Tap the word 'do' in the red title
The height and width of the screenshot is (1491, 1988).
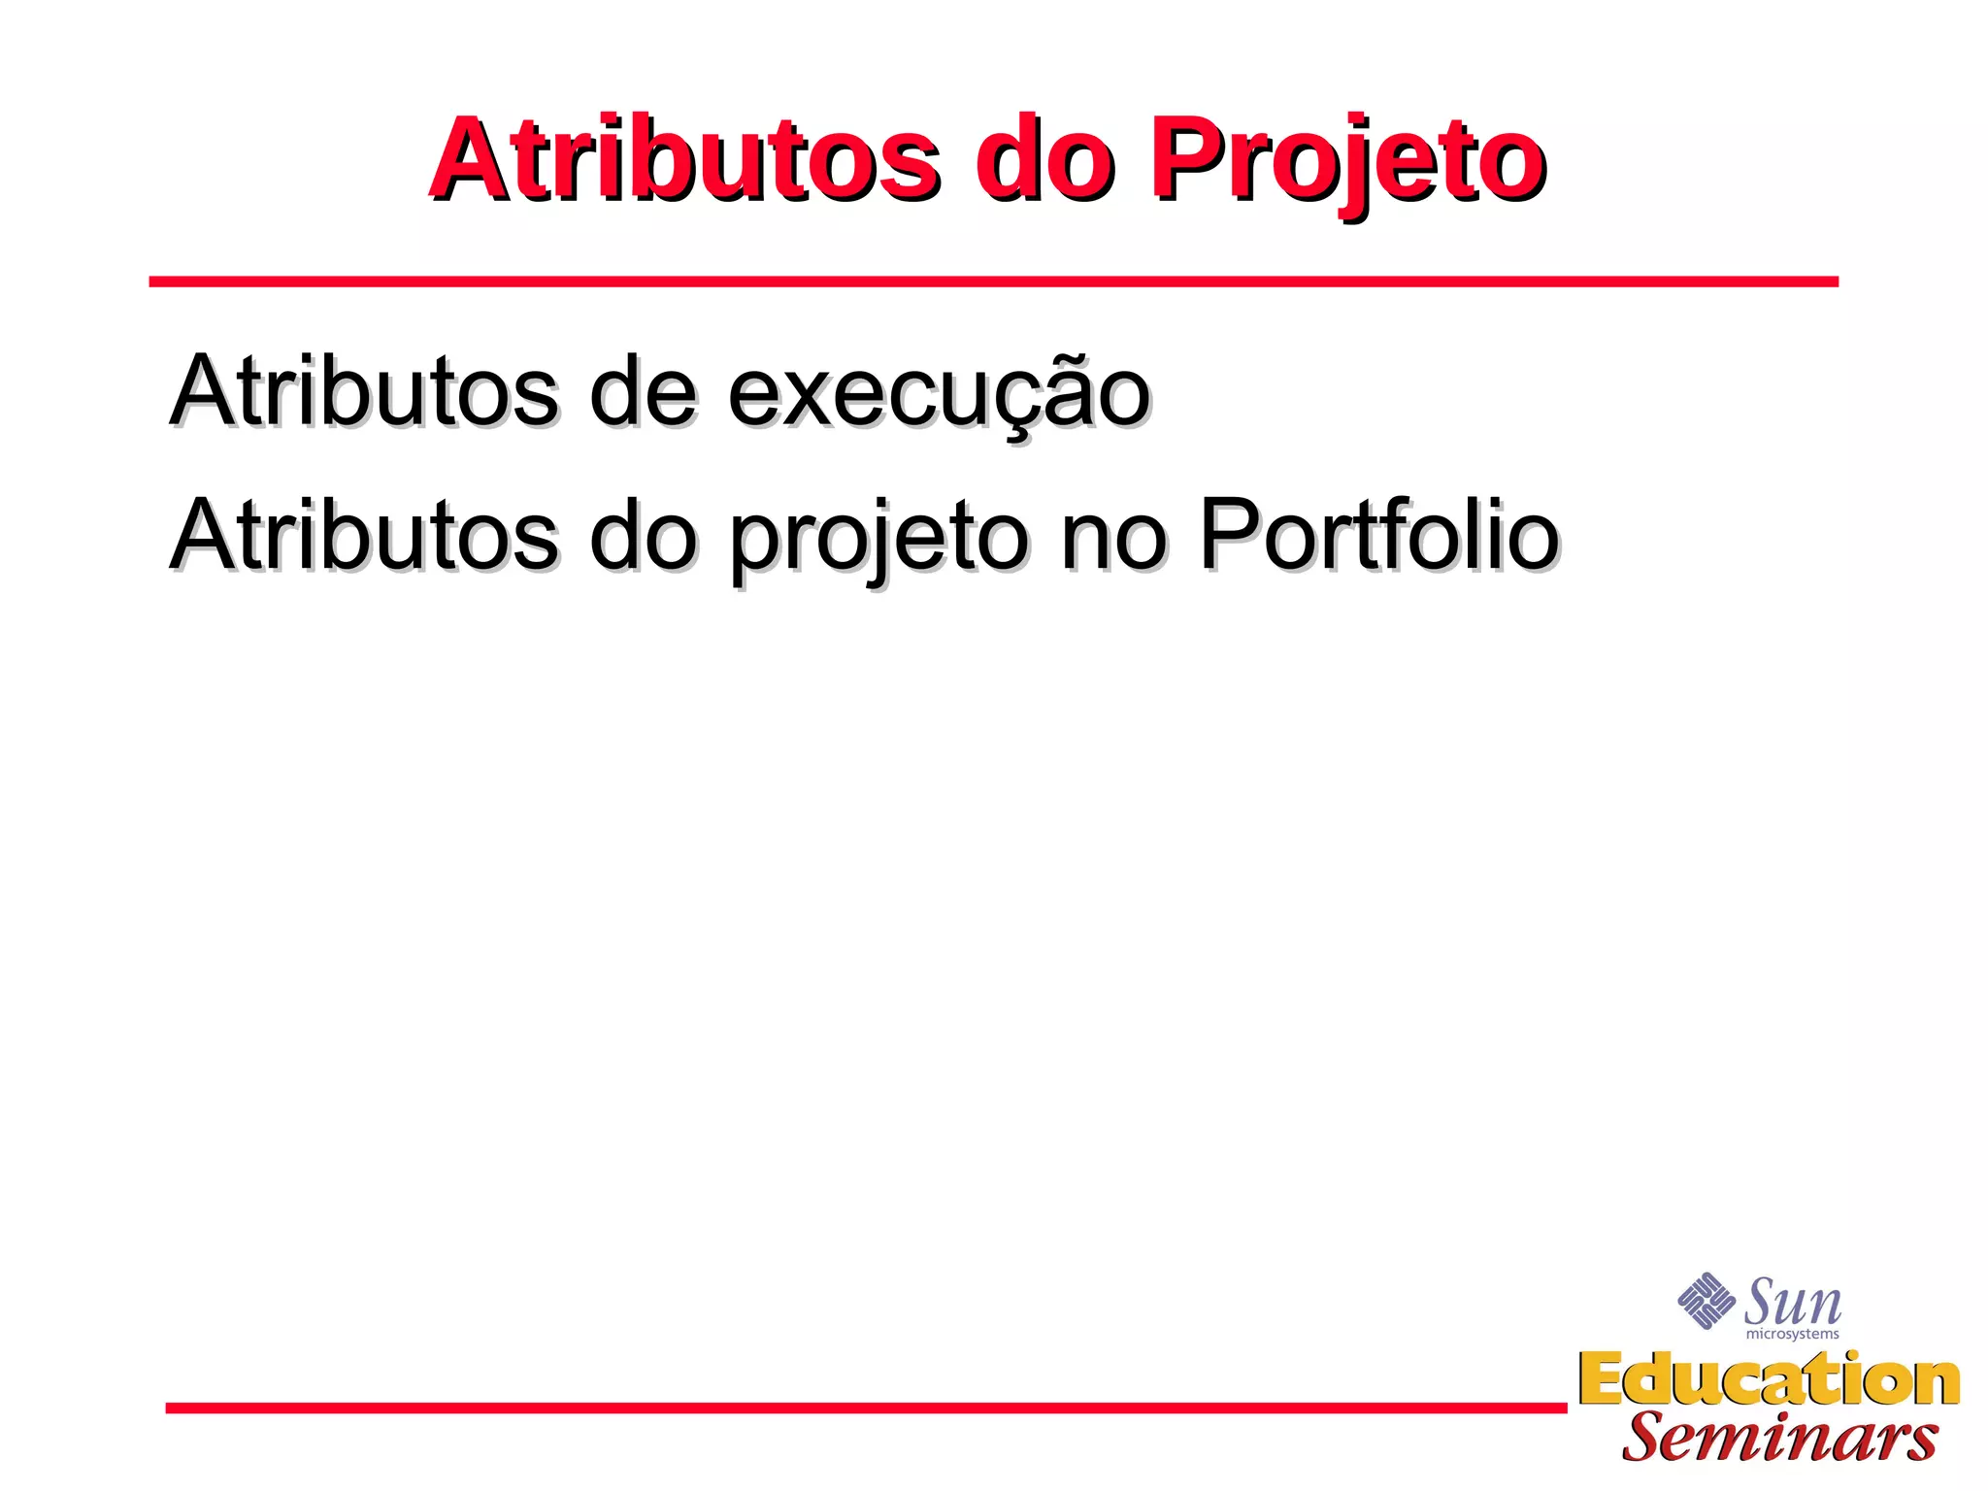(x=1044, y=160)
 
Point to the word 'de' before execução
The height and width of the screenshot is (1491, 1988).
(x=642, y=391)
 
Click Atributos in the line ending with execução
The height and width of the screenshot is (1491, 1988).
(x=364, y=391)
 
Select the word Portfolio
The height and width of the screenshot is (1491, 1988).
(x=1378, y=535)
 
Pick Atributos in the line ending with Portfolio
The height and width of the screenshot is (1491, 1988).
(x=364, y=535)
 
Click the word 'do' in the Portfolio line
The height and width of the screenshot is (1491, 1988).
(x=642, y=535)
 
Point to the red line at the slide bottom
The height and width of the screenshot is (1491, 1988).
(x=864, y=1408)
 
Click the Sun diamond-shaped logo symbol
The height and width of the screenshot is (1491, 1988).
(x=1706, y=1301)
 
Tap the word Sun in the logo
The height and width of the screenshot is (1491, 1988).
(x=1792, y=1303)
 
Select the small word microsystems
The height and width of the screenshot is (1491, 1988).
(x=1792, y=1335)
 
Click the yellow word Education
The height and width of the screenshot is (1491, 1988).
(x=1769, y=1379)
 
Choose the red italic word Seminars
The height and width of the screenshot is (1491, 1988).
(x=1779, y=1438)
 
